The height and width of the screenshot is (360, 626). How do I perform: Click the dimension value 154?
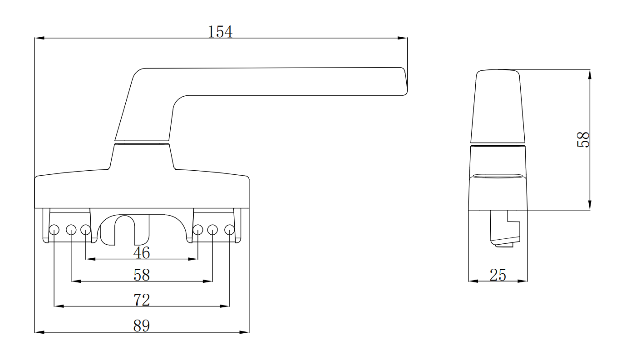(x=220, y=32)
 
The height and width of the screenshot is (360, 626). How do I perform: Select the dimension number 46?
(x=142, y=253)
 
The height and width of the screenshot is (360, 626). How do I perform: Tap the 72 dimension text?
(x=142, y=300)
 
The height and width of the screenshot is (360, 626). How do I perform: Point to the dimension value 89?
(x=142, y=325)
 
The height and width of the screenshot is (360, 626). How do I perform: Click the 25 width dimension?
(x=498, y=275)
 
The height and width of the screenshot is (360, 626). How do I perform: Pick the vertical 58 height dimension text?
(x=583, y=139)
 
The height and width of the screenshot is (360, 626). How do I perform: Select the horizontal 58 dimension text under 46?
(x=142, y=275)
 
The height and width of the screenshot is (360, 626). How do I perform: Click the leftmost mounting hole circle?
(x=54, y=230)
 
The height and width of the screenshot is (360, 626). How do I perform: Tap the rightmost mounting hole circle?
(x=230, y=230)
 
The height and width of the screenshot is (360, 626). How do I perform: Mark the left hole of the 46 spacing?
(x=86, y=230)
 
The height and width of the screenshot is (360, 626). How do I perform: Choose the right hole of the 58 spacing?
(x=213, y=230)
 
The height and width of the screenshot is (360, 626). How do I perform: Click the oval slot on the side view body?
(x=498, y=175)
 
